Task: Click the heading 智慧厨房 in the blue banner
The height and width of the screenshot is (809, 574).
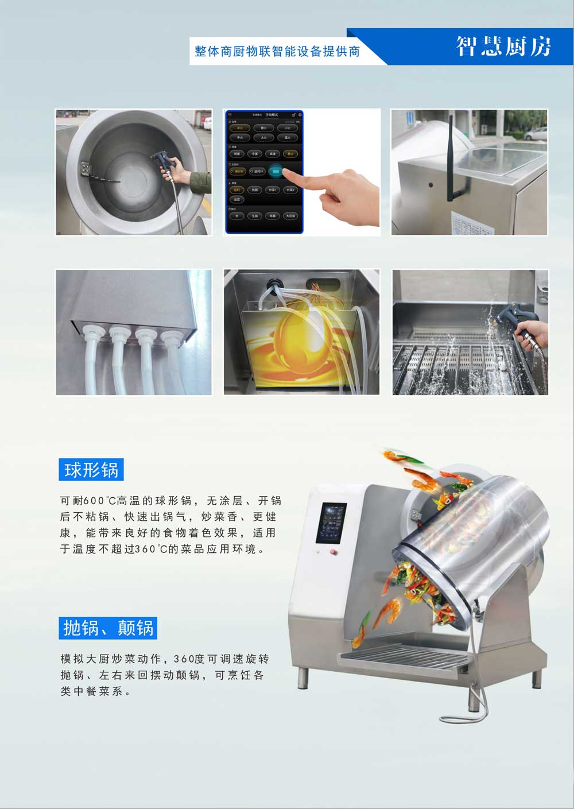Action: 503,46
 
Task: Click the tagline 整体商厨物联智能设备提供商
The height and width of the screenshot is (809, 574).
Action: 277,52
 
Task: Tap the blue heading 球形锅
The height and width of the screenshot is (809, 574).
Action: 91,470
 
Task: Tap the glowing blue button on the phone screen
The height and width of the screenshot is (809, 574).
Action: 276,171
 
